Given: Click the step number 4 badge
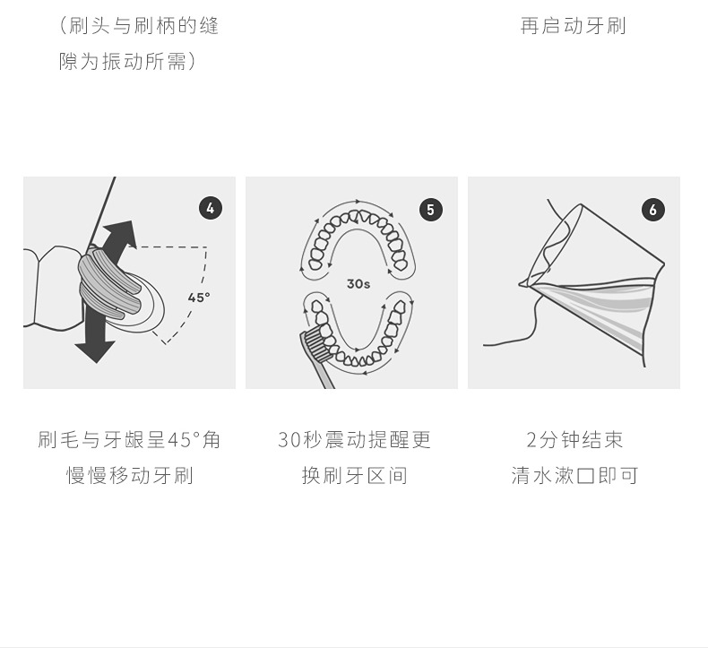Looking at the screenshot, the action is [x=211, y=208].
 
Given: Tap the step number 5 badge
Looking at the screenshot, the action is [x=431, y=210].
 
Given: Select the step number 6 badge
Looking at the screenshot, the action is [x=653, y=210].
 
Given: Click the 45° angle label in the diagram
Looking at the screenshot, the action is [x=199, y=298].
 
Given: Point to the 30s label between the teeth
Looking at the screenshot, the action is [x=358, y=283].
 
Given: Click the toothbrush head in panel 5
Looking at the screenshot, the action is [x=315, y=342].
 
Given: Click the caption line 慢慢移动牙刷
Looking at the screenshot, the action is [x=130, y=476].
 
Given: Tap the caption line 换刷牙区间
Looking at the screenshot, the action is [x=355, y=476].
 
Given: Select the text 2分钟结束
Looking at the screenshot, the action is [x=574, y=439].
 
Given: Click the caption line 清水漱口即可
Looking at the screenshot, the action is [x=574, y=476].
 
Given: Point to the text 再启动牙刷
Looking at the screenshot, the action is [x=573, y=26].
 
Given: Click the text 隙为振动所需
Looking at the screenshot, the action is [x=122, y=61].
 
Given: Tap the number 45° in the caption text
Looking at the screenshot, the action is [x=184, y=439].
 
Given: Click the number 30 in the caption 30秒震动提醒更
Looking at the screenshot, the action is [x=289, y=440].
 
